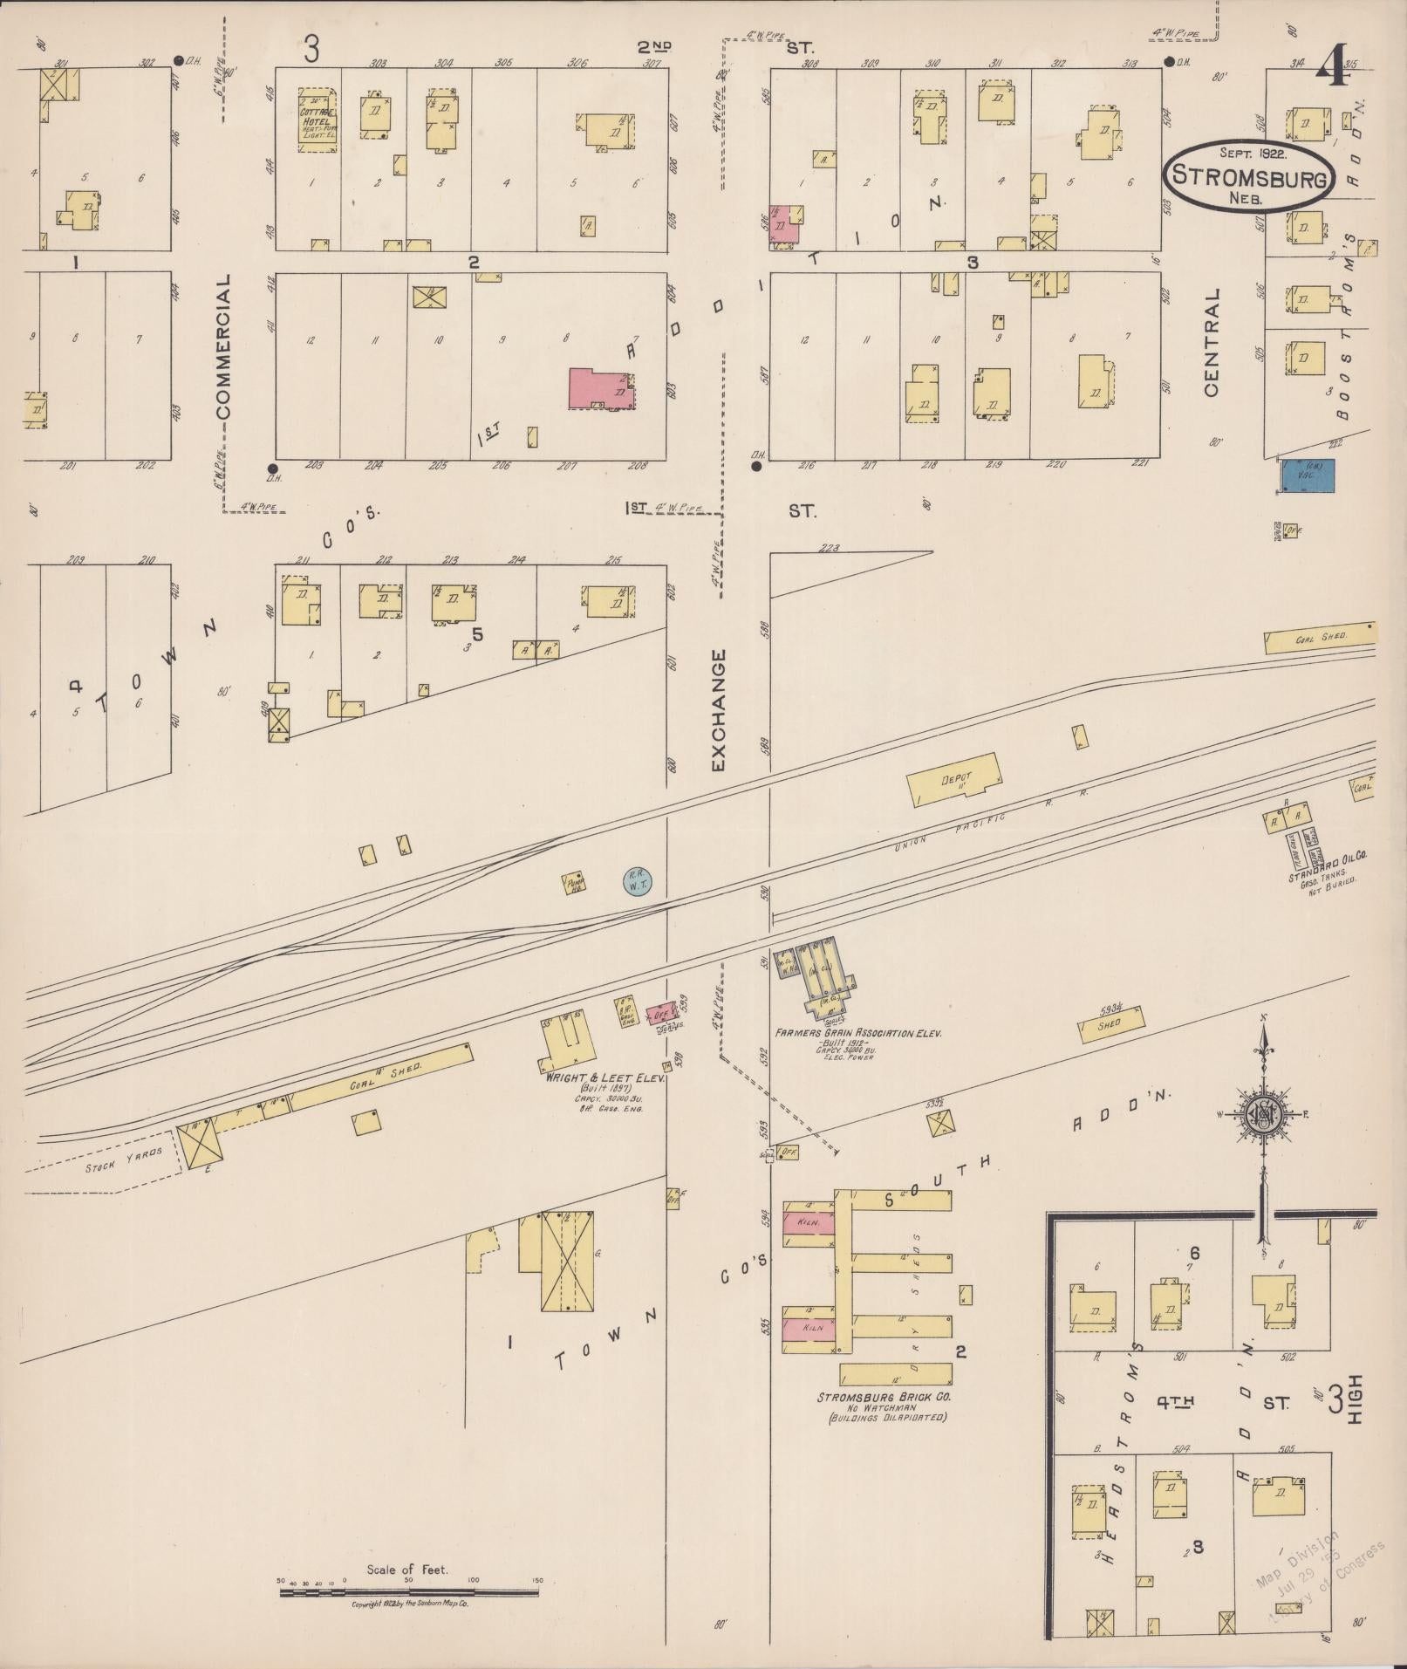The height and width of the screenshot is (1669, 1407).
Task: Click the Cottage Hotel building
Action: (x=318, y=120)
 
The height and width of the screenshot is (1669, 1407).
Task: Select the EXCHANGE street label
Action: (x=718, y=709)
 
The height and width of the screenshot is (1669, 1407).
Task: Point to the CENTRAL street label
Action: (x=1212, y=344)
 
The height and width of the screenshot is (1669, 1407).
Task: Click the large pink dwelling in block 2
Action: (x=600, y=389)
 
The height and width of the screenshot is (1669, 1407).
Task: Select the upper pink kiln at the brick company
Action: (x=808, y=1222)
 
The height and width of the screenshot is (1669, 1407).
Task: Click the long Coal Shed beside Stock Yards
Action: (x=380, y=1075)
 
